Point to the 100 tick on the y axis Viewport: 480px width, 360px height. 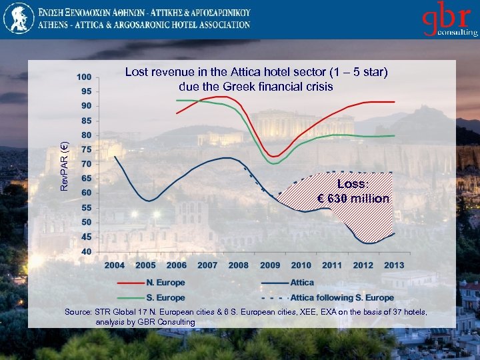click(85, 77)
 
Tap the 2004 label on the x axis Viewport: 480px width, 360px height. click(115, 265)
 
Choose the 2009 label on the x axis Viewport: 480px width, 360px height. click(270, 265)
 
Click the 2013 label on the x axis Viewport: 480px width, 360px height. click(394, 265)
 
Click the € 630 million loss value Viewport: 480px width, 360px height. click(353, 199)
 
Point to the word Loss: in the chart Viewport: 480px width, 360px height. click(353, 184)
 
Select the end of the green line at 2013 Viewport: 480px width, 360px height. click(395, 135)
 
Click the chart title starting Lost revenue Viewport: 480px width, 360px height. click(256, 79)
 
